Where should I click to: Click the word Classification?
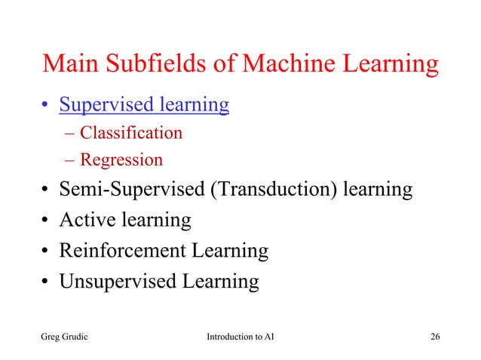[131, 134]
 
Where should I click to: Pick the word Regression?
[121, 160]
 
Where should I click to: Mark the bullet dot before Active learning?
[46, 221]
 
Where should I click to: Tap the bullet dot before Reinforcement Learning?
[46, 252]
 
